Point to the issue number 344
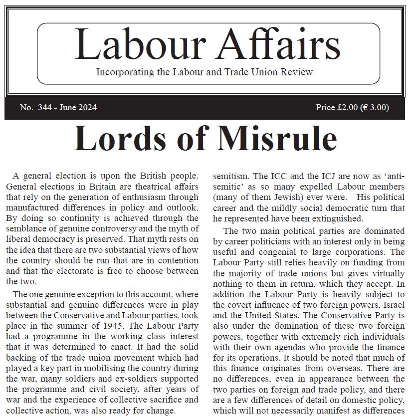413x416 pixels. (44, 108)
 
